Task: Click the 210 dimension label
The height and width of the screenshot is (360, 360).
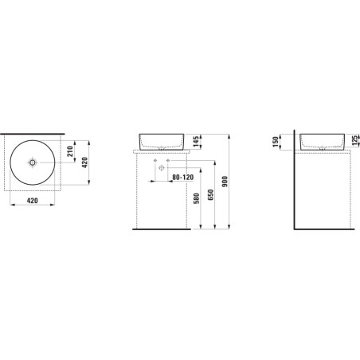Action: (x=70, y=151)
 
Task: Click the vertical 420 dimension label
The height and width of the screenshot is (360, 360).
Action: (x=84, y=162)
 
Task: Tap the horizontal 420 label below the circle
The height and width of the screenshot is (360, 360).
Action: (x=33, y=201)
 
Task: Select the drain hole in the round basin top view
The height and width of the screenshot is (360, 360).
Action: (x=33, y=162)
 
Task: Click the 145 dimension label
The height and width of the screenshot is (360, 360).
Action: (x=196, y=142)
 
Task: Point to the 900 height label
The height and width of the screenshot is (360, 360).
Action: (x=225, y=182)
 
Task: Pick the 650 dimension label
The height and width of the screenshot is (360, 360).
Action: (x=211, y=194)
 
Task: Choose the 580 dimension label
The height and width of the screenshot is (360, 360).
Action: (x=196, y=198)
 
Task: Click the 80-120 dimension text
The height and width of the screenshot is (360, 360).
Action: (x=183, y=177)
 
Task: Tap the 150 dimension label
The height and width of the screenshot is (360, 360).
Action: (x=276, y=142)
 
